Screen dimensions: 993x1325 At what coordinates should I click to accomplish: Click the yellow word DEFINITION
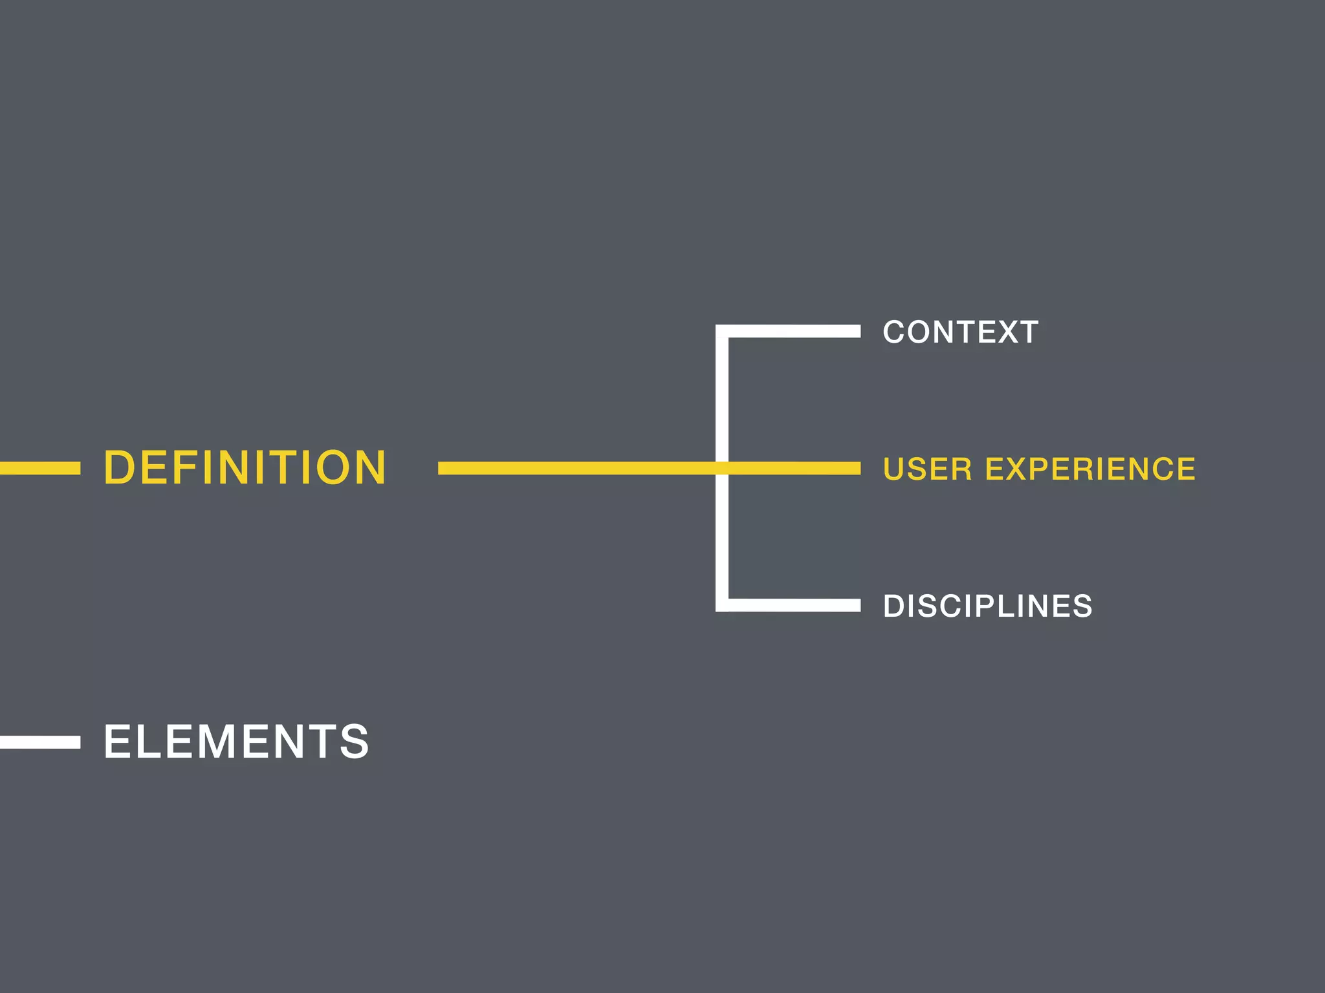245,467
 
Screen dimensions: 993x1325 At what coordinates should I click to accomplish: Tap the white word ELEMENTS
236,742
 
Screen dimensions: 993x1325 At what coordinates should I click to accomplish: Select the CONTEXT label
961,332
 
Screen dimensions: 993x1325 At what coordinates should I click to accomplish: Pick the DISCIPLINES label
988,606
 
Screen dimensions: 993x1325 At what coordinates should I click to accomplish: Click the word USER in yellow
928,469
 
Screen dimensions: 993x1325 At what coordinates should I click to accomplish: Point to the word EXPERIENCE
1090,469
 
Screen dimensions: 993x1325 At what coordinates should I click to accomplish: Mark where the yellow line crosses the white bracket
722,468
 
